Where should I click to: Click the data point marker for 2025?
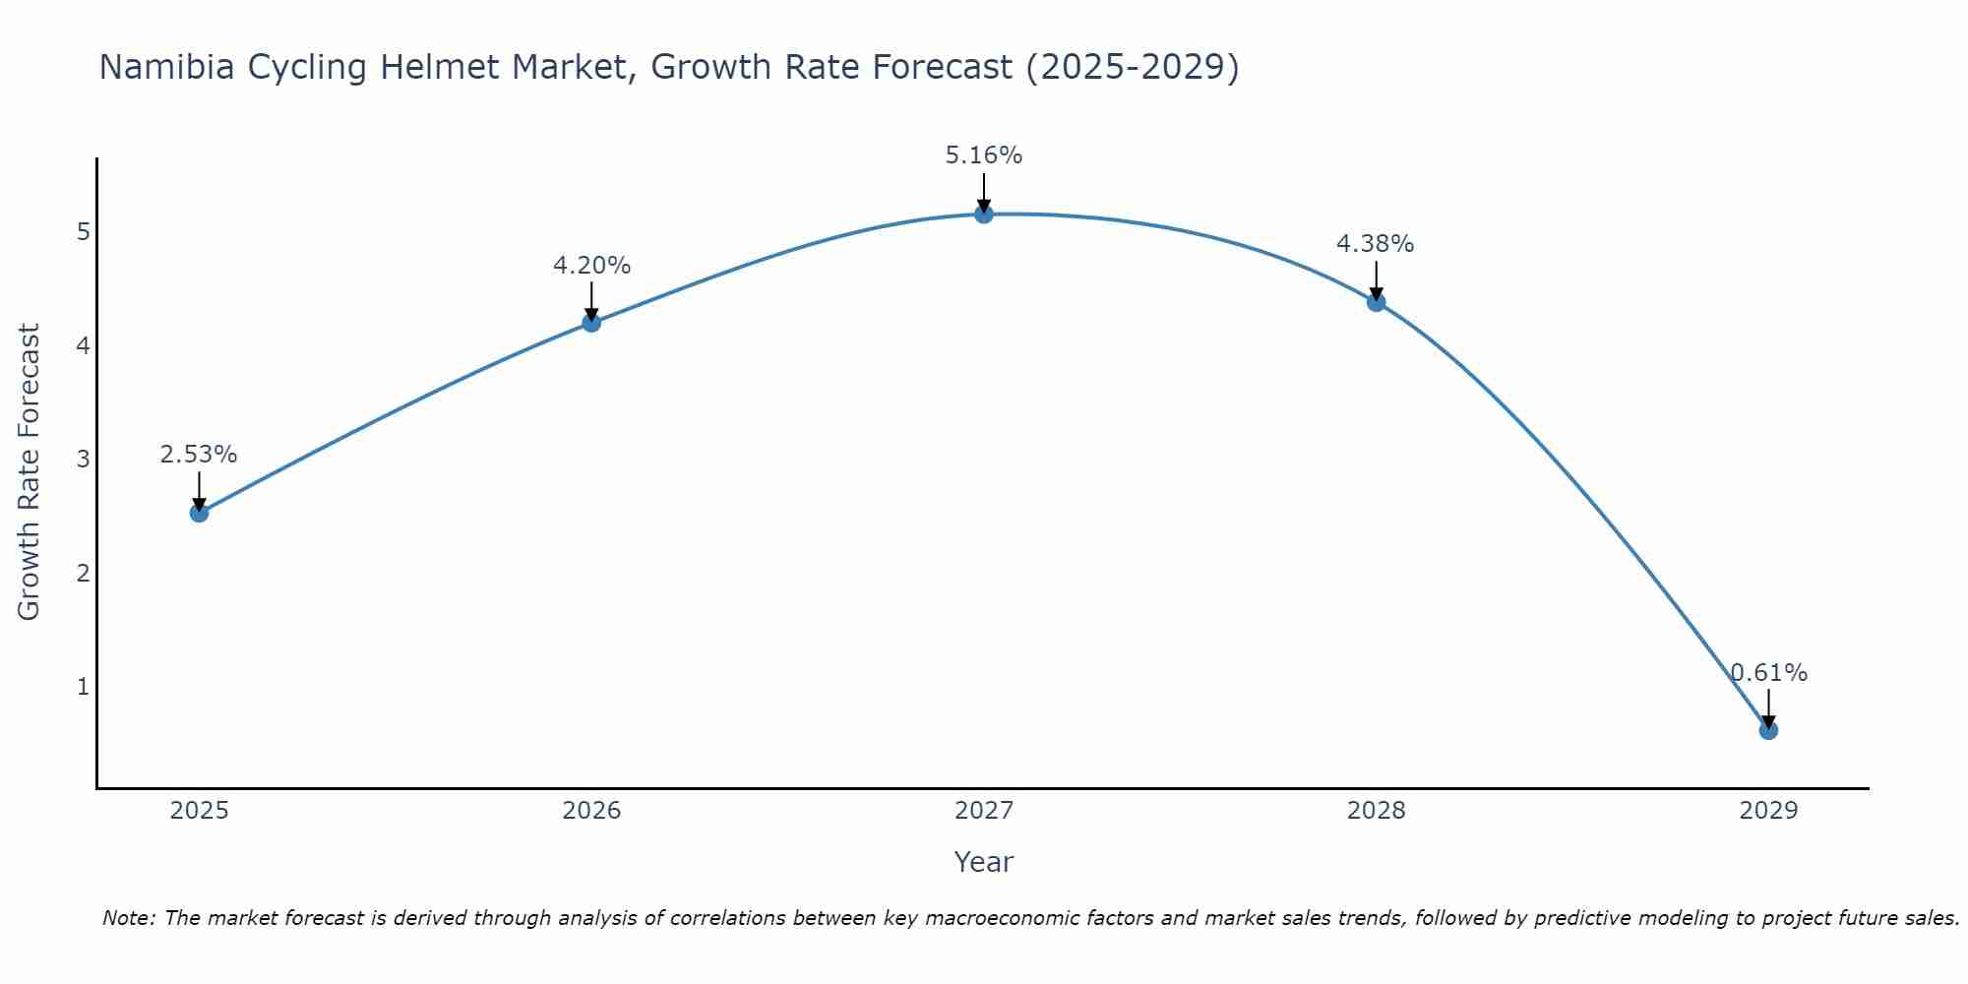199,513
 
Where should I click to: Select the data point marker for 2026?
591,323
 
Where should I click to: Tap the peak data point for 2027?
984,214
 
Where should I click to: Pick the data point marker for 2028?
1376,302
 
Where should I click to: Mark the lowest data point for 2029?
1768,730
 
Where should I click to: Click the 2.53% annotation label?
199,455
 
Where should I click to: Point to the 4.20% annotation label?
591,266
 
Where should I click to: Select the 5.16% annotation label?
984,155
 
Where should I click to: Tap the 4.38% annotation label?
1376,244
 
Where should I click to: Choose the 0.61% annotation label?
1768,673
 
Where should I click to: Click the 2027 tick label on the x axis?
984,811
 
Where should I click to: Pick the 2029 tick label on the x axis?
1768,811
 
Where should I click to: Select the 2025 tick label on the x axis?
199,811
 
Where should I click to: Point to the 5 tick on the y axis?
84,232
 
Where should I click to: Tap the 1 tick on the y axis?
84,687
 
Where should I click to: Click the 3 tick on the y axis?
84,460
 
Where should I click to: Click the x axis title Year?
984,862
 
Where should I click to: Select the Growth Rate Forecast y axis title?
30,472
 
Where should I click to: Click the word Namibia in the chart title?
165,68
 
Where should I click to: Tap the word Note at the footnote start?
128,918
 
